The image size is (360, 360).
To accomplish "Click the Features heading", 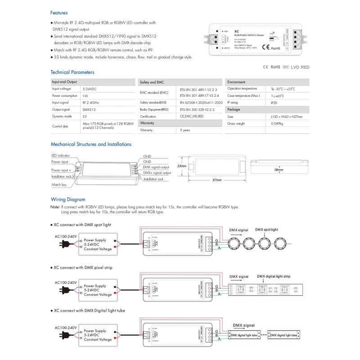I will point(59,13).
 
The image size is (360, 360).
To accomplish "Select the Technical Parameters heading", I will point(72,72).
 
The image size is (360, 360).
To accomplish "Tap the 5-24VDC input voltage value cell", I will point(90,89).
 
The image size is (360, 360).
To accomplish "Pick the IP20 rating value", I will point(274,103).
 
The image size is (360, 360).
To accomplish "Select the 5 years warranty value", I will point(184,130).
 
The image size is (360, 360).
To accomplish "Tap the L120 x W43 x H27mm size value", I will point(287,117).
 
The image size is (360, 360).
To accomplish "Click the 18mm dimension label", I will point(278,170).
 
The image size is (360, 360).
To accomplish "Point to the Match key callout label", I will point(59,184).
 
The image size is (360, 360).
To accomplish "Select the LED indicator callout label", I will point(60,155).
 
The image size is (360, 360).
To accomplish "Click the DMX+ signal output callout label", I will point(157,173).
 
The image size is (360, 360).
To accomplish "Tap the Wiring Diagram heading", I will point(68,199).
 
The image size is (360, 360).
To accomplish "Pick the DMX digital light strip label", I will point(274,276).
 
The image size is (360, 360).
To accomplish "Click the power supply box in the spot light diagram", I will point(99,245).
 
